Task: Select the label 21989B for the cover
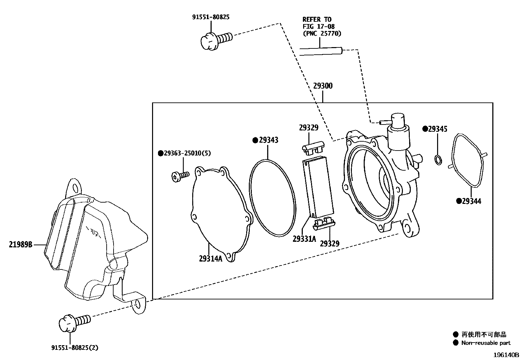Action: [x=20, y=245]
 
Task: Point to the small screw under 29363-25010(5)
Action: [x=180, y=176]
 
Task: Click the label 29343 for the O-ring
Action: [x=268, y=140]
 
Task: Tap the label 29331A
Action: [x=304, y=239]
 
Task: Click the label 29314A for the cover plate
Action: [x=211, y=259]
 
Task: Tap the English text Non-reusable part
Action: [x=485, y=343]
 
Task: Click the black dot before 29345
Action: [x=425, y=129]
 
